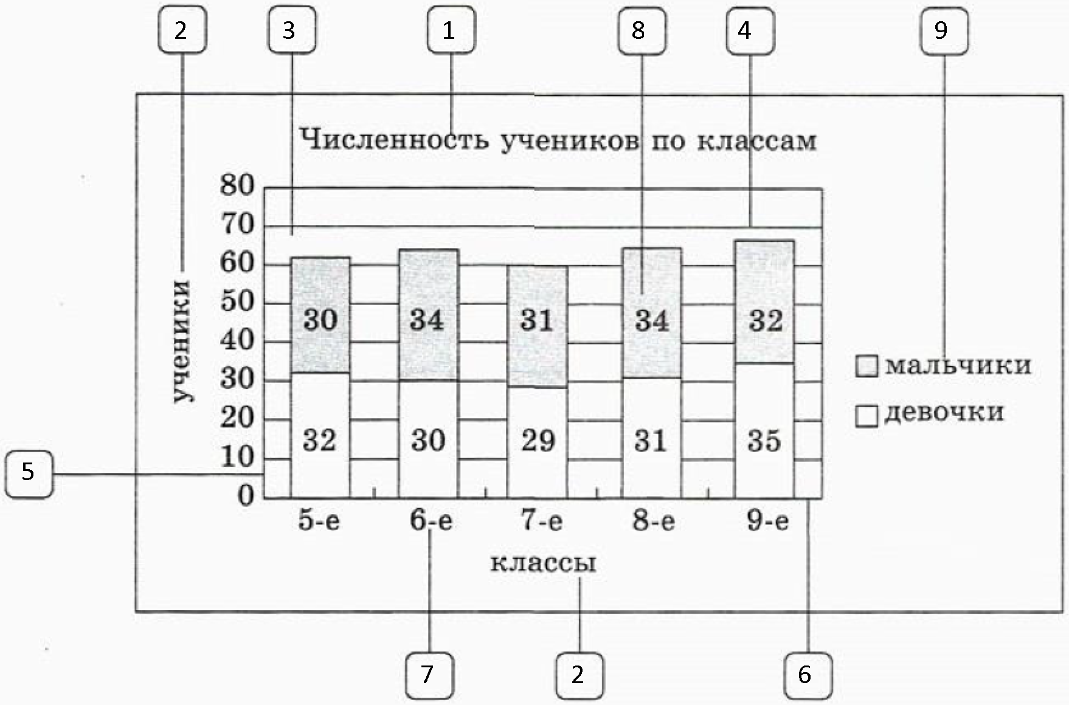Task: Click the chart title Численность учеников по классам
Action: coord(558,140)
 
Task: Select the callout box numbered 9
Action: coord(944,31)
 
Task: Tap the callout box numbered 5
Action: coord(29,473)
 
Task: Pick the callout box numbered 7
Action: coord(429,675)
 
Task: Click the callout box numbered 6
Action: coord(808,675)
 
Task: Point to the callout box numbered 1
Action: coord(451,30)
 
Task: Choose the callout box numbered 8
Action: coord(642,30)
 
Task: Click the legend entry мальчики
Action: coord(944,366)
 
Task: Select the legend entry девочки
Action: coord(930,413)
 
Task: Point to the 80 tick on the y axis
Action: coord(237,185)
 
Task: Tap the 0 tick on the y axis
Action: coord(246,497)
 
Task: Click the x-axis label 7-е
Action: coord(542,521)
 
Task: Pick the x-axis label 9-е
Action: coord(768,521)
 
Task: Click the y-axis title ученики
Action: coord(182,342)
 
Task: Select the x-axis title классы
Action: coord(543,563)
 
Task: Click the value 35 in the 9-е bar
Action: coord(764,441)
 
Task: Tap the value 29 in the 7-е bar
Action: coord(538,441)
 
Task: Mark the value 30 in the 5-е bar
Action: coord(320,320)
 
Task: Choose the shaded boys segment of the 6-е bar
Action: coord(429,315)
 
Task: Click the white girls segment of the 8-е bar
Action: coord(651,438)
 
